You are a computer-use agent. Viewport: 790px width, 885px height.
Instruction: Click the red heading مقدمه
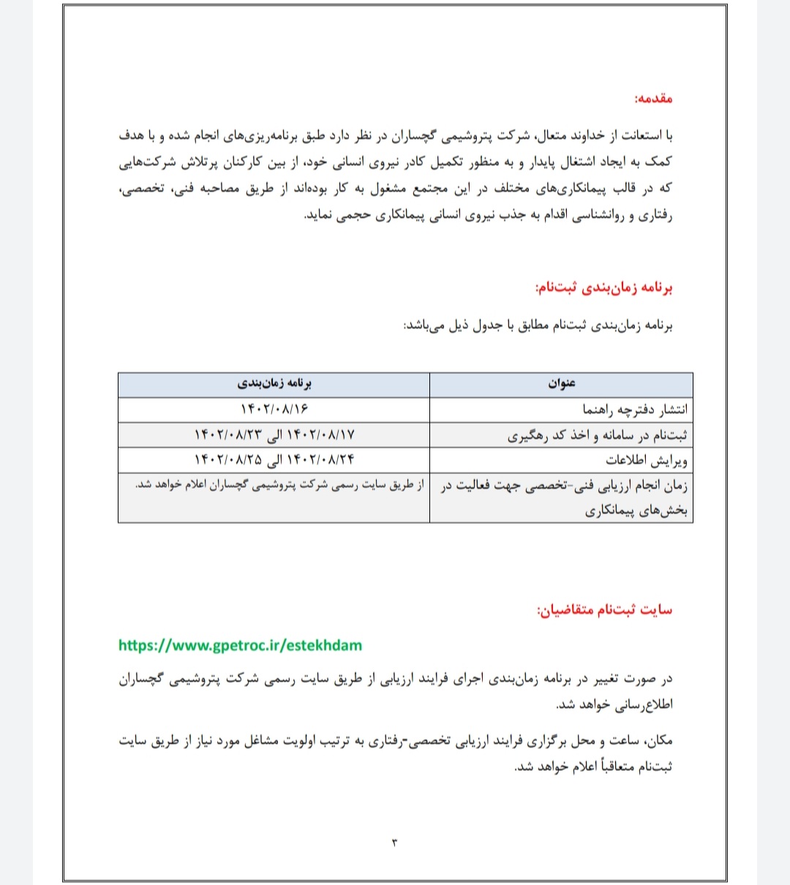652,98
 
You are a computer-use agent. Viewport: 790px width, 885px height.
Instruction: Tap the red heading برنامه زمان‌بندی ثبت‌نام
603,288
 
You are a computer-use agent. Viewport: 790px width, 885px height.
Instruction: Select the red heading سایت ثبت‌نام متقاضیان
604,610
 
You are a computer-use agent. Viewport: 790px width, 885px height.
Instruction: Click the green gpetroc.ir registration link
240,645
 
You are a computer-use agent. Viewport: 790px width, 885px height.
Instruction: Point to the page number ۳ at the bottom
395,843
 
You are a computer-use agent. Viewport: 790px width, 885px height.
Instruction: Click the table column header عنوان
561,384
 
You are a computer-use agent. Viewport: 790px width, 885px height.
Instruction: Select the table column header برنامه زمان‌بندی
274,384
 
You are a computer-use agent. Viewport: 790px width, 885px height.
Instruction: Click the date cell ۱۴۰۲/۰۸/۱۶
274,409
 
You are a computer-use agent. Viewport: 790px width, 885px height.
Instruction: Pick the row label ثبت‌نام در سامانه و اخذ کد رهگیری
598,436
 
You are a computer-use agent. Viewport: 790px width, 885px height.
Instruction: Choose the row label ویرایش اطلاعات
646,461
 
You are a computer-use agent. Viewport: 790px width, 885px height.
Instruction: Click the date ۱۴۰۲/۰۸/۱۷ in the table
317,435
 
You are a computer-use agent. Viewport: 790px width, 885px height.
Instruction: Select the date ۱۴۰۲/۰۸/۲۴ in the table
317,460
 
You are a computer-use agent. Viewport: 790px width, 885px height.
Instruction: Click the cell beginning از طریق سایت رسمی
279,485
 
